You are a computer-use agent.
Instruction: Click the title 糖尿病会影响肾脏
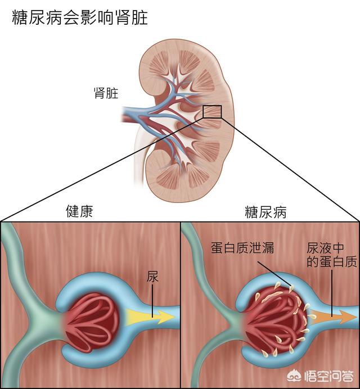click(80, 17)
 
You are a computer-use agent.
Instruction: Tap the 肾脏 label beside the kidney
click(106, 93)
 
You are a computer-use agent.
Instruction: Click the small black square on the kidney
click(212, 112)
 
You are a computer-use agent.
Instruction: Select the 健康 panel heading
click(79, 211)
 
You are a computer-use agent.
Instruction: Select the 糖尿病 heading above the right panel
click(265, 212)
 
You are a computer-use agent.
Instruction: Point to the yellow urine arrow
click(150, 316)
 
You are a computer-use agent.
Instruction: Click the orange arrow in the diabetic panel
click(334, 317)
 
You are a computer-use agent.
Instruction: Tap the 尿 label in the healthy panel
click(152, 277)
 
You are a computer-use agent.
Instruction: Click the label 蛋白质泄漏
click(242, 247)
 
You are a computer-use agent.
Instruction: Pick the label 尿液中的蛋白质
click(332, 255)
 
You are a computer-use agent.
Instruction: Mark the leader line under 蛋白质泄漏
click(274, 273)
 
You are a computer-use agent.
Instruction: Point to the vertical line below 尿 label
click(152, 301)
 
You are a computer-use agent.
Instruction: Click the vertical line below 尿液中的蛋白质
click(332, 293)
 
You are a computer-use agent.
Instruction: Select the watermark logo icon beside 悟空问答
click(295, 376)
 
